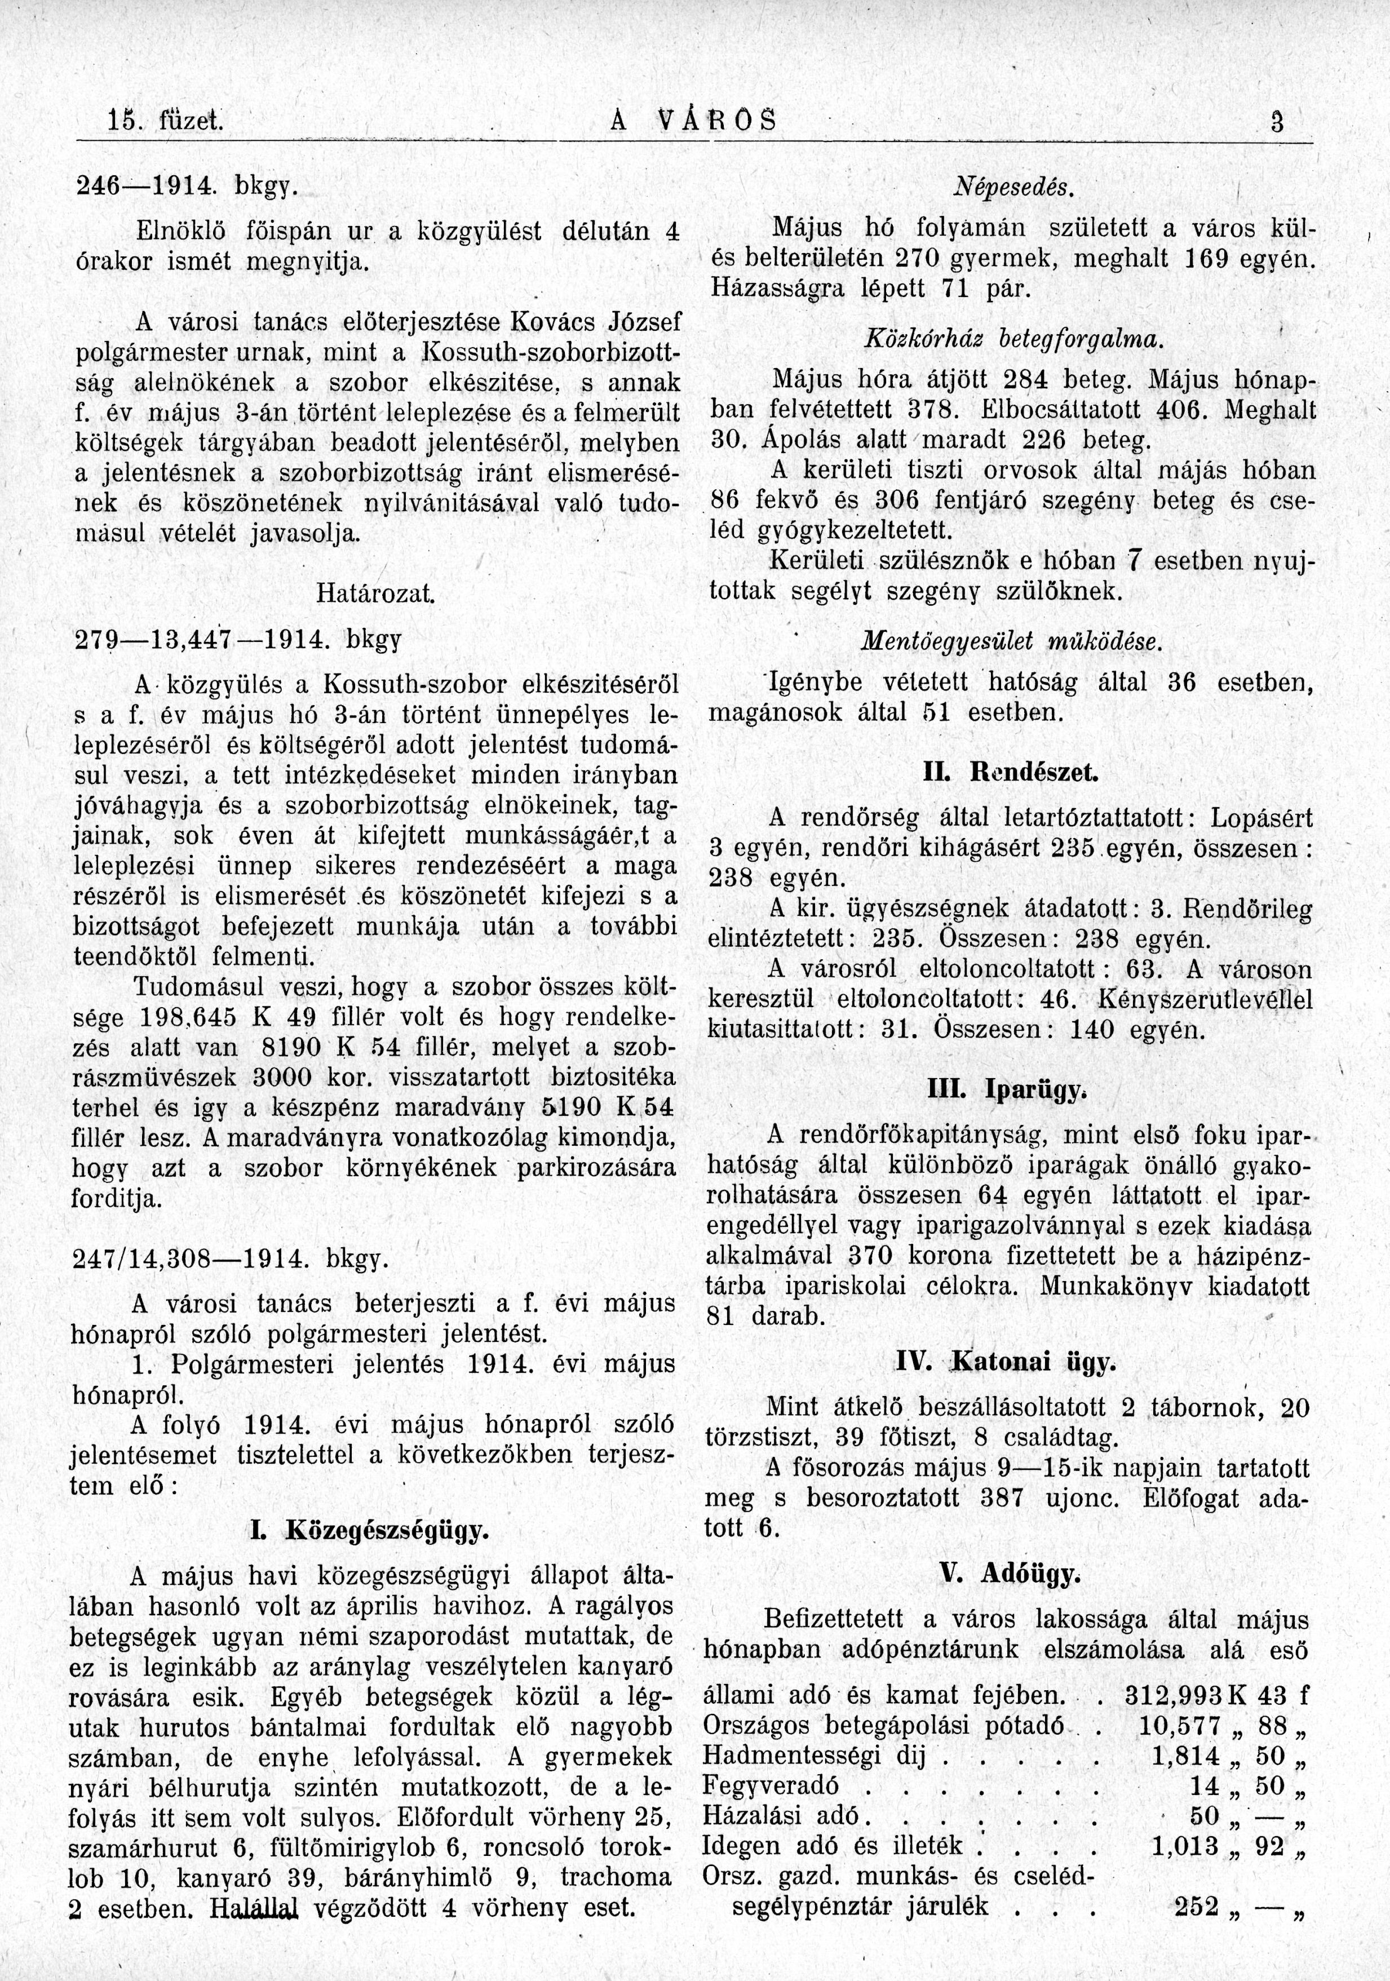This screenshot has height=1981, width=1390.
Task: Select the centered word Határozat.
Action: tap(375, 593)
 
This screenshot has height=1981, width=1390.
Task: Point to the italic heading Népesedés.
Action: tap(1010, 187)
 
